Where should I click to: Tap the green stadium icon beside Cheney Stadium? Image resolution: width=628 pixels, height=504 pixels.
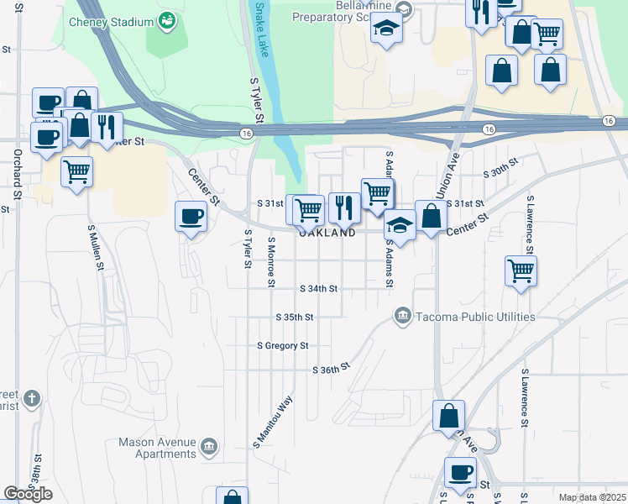point(167,19)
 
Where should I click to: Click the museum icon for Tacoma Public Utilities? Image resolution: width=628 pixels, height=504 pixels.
point(402,317)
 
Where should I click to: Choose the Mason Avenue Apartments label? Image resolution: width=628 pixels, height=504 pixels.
point(157,448)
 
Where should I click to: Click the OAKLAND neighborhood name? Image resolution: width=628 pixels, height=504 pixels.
point(327,233)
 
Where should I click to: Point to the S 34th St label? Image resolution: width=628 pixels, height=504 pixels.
point(319,288)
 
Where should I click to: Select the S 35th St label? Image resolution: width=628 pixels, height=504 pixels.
point(295,318)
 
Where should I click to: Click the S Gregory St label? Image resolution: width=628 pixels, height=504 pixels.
point(283,345)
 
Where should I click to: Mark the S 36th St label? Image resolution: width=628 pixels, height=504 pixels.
point(330,370)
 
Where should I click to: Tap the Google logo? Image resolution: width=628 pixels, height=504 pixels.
point(28,494)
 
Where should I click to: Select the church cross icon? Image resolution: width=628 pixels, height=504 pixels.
point(31,398)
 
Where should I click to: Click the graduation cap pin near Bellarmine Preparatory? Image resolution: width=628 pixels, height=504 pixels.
point(387,29)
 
